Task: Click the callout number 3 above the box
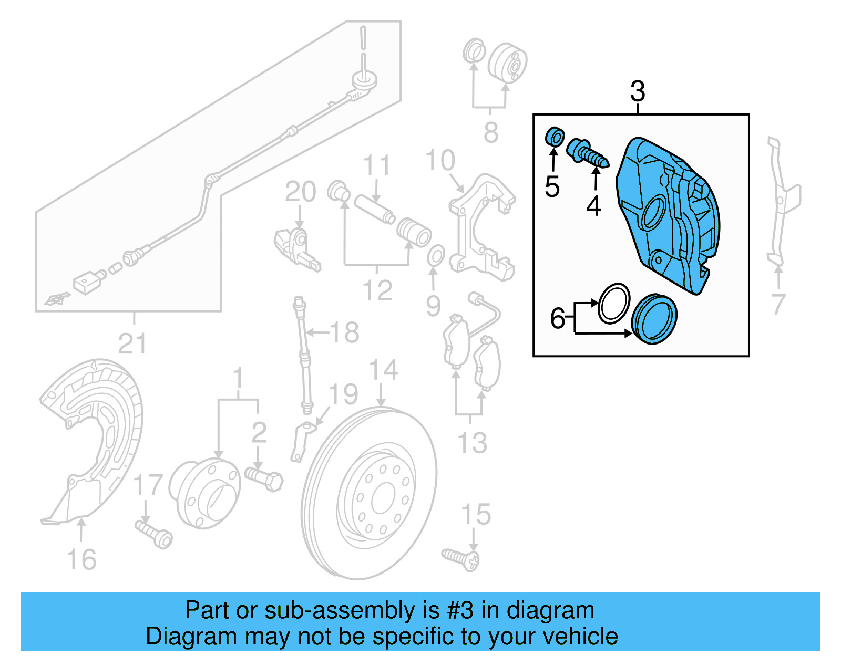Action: click(637, 92)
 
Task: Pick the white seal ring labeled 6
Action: click(613, 304)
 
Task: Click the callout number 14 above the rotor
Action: click(383, 370)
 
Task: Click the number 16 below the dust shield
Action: click(81, 560)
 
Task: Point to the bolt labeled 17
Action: click(155, 534)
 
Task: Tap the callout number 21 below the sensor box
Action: click(132, 344)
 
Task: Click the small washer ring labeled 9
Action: click(435, 255)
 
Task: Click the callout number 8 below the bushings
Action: click(491, 132)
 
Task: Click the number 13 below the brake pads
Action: click(472, 443)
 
